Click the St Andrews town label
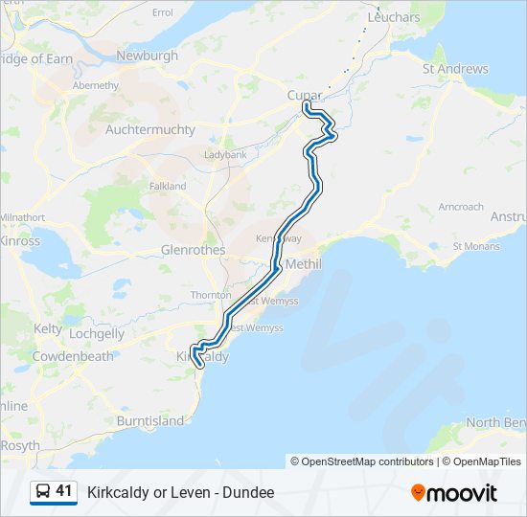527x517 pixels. click(455, 69)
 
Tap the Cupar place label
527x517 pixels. click(304, 95)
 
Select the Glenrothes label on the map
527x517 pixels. click(193, 250)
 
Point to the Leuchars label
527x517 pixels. click(393, 17)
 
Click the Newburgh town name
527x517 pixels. click(147, 56)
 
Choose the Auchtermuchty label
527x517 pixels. click(150, 129)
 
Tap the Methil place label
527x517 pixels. click(304, 263)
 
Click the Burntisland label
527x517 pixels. click(149, 420)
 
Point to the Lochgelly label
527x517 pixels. click(97, 334)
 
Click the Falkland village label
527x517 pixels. click(167, 186)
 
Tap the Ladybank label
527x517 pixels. click(225, 154)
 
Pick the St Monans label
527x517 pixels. click(476, 246)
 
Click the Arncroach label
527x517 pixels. click(461, 207)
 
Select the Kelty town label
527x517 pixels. click(48, 328)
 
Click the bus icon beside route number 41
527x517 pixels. click(43, 492)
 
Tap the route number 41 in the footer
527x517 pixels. click(64, 492)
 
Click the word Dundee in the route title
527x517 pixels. click(252, 492)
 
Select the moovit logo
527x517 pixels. click(454, 493)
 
